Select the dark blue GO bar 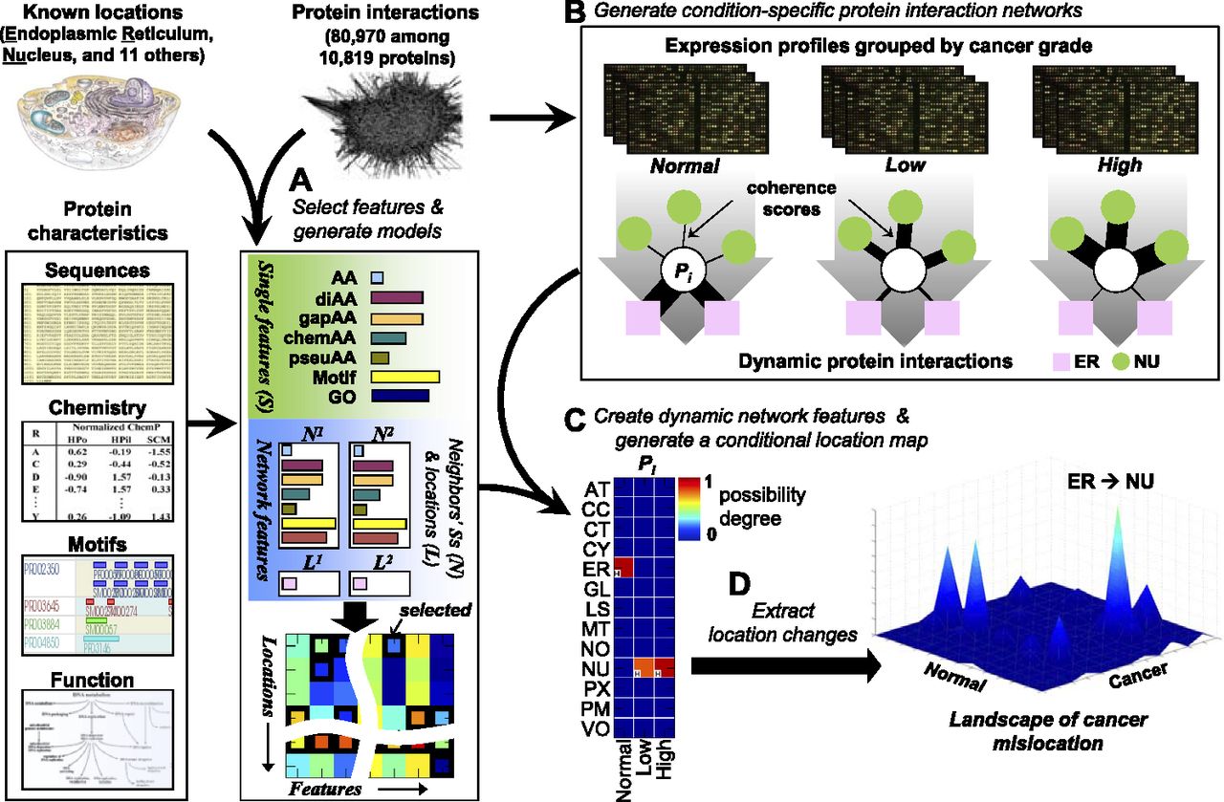(393, 395)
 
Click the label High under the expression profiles (1120, 163)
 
